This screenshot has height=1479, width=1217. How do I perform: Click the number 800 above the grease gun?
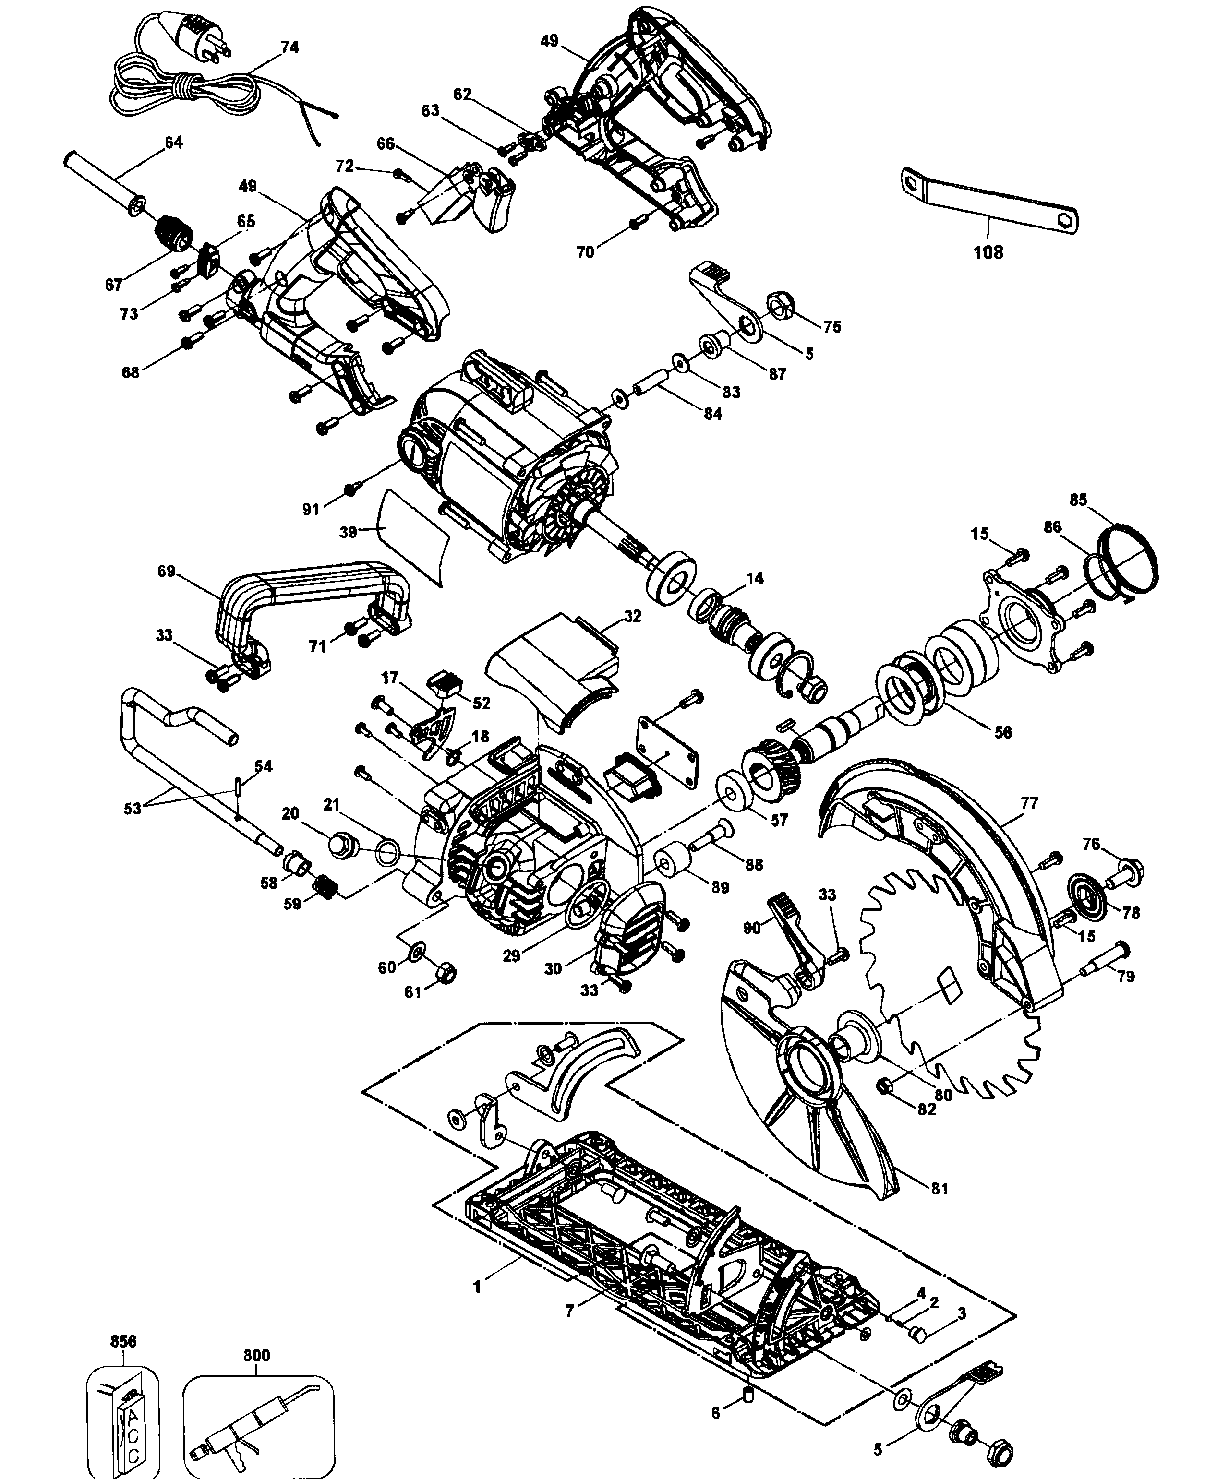click(256, 1355)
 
